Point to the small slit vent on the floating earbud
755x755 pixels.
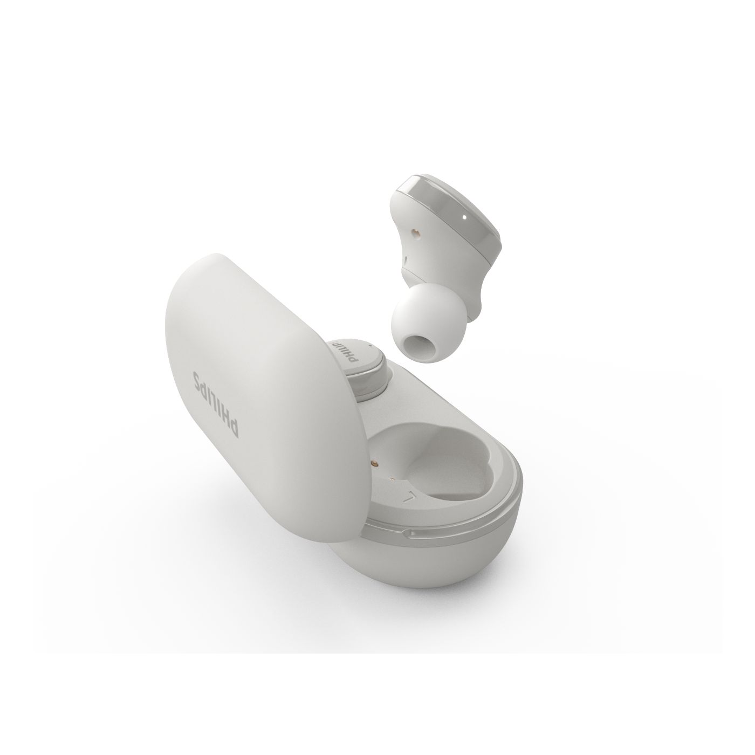(404, 260)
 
